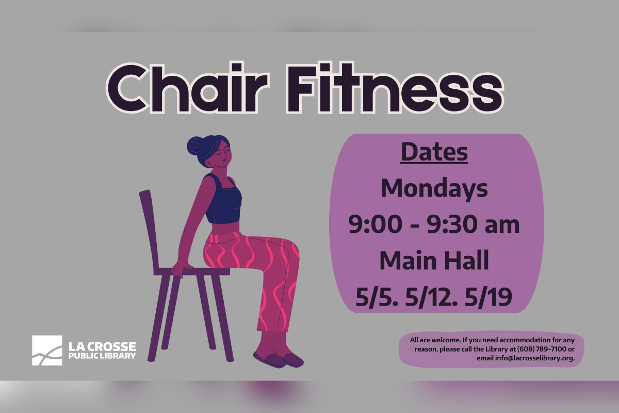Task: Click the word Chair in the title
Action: click(x=187, y=88)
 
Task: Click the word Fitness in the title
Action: click(x=395, y=88)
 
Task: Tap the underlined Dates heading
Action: click(x=434, y=152)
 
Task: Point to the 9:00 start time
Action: click(x=376, y=224)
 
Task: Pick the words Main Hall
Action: click(x=434, y=260)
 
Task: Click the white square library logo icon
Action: click(x=47, y=350)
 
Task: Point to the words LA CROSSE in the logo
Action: click(x=102, y=346)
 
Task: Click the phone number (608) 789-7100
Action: click(x=542, y=349)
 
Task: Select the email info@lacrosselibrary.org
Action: click(x=534, y=358)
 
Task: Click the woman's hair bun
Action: click(x=195, y=146)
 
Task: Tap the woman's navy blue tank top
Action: click(x=223, y=199)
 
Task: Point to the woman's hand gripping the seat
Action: click(x=181, y=269)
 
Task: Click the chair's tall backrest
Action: click(x=149, y=230)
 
